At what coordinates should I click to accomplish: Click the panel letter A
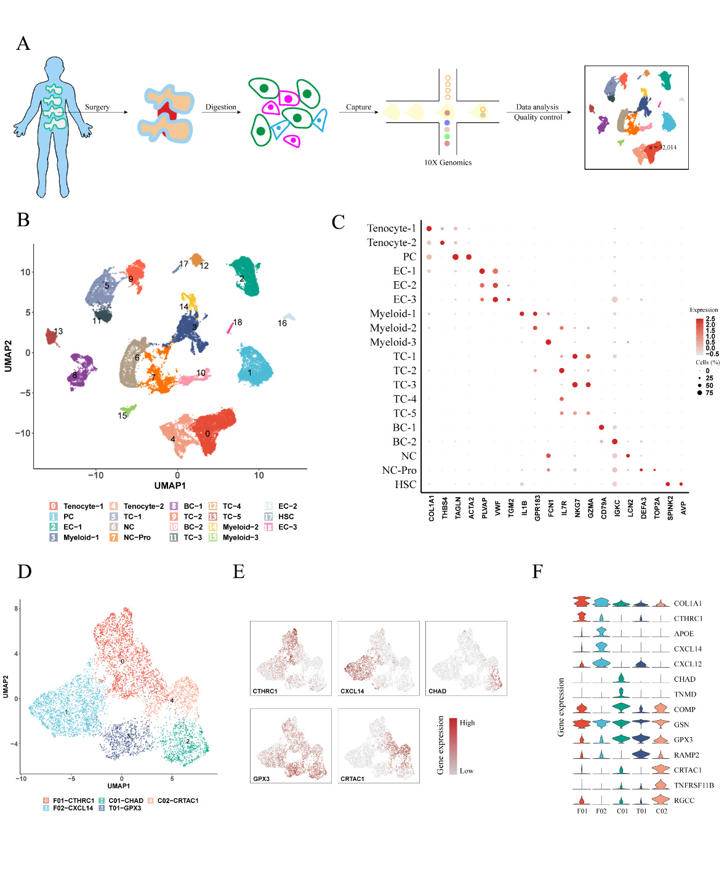[x=23, y=43]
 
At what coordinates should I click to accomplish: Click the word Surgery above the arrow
[x=97, y=107]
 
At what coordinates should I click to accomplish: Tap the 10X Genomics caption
[x=448, y=162]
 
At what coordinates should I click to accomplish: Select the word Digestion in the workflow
[x=220, y=107]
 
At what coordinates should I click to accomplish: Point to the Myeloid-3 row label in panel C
[x=393, y=342]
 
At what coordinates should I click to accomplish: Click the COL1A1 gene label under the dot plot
[x=431, y=508]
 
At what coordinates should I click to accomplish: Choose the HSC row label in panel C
[x=405, y=484]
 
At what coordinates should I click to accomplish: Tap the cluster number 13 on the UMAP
[x=58, y=331]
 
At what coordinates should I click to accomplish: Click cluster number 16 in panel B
[x=282, y=323]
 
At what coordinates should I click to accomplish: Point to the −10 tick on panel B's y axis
[x=23, y=433]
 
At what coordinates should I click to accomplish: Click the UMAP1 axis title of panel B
[x=170, y=486]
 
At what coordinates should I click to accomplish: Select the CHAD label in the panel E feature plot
[x=437, y=691]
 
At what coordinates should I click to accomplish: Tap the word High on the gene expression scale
[x=467, y=722]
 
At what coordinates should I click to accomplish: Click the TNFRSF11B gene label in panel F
[x=694, y=785]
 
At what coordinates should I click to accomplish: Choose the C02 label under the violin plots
[x=661, y=811]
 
